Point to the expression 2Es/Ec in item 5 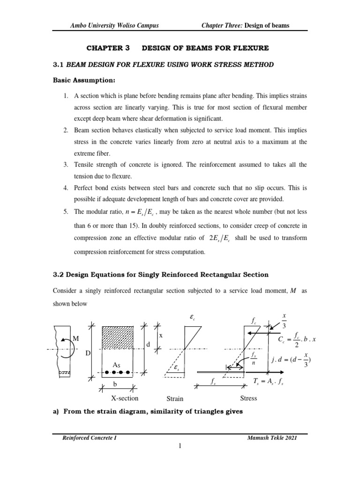223,238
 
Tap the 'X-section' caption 124,398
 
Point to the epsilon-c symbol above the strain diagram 192,317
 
